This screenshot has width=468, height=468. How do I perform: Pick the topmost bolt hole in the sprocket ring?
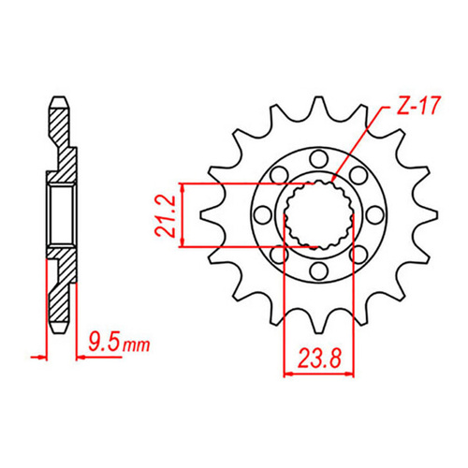[x=318, y=156]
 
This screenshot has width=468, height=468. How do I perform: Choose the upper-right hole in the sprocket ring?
[x=358, y=173]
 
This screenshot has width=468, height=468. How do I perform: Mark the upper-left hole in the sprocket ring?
[x=278, y=173]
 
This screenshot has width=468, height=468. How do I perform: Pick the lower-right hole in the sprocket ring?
[x=358, y=254]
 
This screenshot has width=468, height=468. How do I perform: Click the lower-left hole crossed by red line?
[x=278, y=254]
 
